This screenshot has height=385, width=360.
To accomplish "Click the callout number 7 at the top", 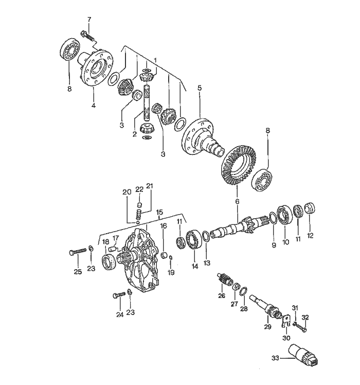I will click(88, 20).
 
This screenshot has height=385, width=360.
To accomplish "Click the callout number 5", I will click(200, 88).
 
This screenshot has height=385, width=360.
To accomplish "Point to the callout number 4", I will click(94, 107).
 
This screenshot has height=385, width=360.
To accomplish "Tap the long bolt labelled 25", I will click(78, 252).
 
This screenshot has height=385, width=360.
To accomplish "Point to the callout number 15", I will click(159, 212).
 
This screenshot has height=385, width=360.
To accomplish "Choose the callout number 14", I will click(195, 266).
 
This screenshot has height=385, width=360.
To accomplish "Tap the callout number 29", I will click(267, 327).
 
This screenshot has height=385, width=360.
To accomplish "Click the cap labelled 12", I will click(310, 208).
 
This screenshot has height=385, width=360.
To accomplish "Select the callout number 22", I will click(139, 189).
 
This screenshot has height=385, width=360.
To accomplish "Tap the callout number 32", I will click(304, 317).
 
